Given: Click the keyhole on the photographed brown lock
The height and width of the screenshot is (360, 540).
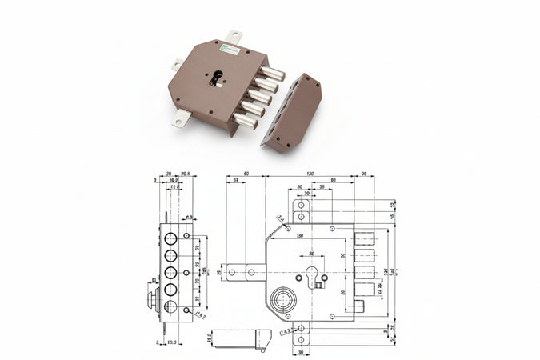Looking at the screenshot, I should [x=216, y=78].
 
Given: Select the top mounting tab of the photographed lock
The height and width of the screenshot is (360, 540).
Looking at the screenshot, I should [x=234, y=38].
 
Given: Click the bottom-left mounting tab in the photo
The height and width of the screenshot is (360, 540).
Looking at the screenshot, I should [x=181, y=119].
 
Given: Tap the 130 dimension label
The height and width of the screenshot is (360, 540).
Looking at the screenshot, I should [x=310, y=173].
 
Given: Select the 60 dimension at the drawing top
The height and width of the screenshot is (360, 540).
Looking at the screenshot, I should [x=246, y=173].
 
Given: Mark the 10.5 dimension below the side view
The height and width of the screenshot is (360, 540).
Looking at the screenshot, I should [x=173, y=342].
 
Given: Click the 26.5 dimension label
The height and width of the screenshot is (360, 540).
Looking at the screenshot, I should [x=185, y=173].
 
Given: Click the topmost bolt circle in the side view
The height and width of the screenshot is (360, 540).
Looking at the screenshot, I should [x=170, y=238].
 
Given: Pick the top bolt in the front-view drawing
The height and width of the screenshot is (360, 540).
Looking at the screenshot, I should [x=365, y=238].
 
